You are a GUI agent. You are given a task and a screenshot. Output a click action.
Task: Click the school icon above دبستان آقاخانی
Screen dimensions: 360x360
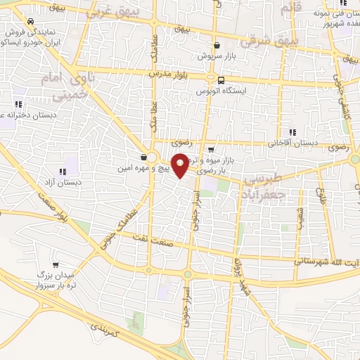(292, 131)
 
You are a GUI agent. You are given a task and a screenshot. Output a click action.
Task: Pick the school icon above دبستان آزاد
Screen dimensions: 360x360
(63, 171)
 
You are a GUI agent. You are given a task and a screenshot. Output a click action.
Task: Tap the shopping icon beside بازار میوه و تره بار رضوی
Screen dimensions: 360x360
(210, 149)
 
